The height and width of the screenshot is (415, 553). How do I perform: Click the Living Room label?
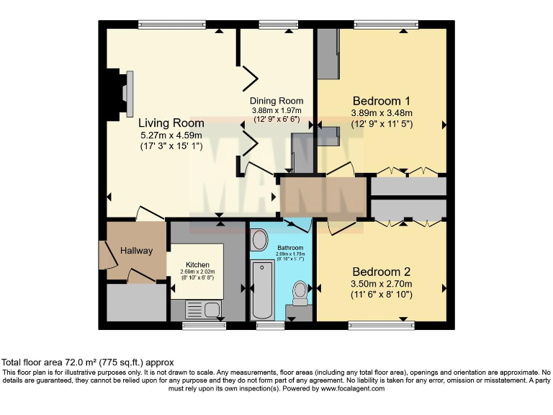171,122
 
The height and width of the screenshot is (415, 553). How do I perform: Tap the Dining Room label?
276,101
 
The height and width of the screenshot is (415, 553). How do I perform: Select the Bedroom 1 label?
381,100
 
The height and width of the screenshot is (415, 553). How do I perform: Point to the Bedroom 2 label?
381,272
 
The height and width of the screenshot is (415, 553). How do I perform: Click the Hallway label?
136,251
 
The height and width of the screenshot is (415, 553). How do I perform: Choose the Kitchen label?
197,264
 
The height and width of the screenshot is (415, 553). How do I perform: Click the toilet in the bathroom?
300,291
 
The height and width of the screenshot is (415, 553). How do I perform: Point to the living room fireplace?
119,94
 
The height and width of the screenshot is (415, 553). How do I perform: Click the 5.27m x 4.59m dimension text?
171,135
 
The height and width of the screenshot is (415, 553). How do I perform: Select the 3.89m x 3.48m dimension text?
381,113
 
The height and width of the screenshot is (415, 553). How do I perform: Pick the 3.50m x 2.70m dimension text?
381,284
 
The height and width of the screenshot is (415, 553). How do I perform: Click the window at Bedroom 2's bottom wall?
381,325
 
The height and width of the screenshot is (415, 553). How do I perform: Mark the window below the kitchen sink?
199,326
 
